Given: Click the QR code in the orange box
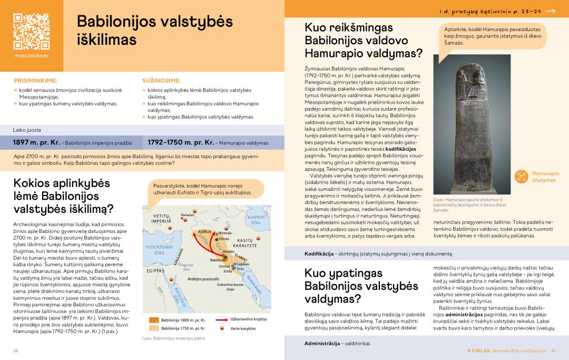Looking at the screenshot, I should [x=31, y=31].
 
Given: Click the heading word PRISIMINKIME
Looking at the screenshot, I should [x=35, y=81].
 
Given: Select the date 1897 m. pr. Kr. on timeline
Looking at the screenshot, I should [x=36, y=142].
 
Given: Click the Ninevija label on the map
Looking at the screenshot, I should [x=225, y=232].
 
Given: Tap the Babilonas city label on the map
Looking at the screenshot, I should [x=218, y=260].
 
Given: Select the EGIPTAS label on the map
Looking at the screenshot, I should [x=156, y=270].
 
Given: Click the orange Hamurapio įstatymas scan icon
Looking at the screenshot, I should [x=521, y=177].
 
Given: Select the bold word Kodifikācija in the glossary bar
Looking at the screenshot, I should [x=321, y=254].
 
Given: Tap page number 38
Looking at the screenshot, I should [x=16, y=351].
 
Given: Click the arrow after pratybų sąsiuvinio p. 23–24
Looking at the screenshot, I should [x=551, y=11].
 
